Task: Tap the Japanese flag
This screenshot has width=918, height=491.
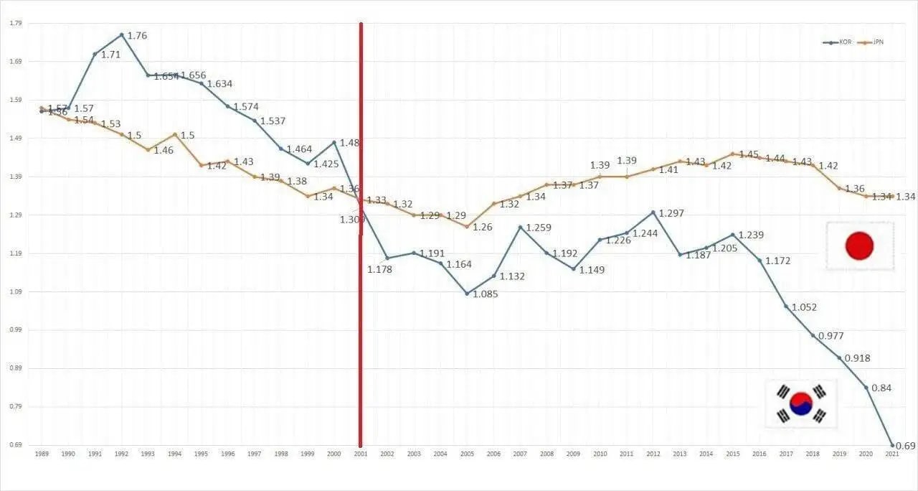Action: tap(859, 246)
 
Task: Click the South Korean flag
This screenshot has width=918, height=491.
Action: tap(800, 404)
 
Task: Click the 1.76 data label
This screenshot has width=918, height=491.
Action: tap(137, 35)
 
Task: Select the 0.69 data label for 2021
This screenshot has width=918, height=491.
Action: tap(905, 446)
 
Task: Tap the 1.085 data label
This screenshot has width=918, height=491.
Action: tap(485, 294)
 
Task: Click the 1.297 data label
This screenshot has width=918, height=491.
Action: tap(673, 213)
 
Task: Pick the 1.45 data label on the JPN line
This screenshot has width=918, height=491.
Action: tap(749, 154)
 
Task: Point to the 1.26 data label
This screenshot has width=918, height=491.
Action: tap(482, 227)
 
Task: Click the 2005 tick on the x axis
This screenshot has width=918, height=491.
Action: tap(467, 454)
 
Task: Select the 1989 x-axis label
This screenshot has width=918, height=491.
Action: tap(42, 454)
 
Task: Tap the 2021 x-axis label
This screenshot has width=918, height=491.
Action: tap(892, 454)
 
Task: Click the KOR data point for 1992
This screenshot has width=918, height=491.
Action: tap(121, 34)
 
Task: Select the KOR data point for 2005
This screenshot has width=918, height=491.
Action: tap(467, 294)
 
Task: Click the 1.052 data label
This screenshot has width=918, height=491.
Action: tap(804, 307)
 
